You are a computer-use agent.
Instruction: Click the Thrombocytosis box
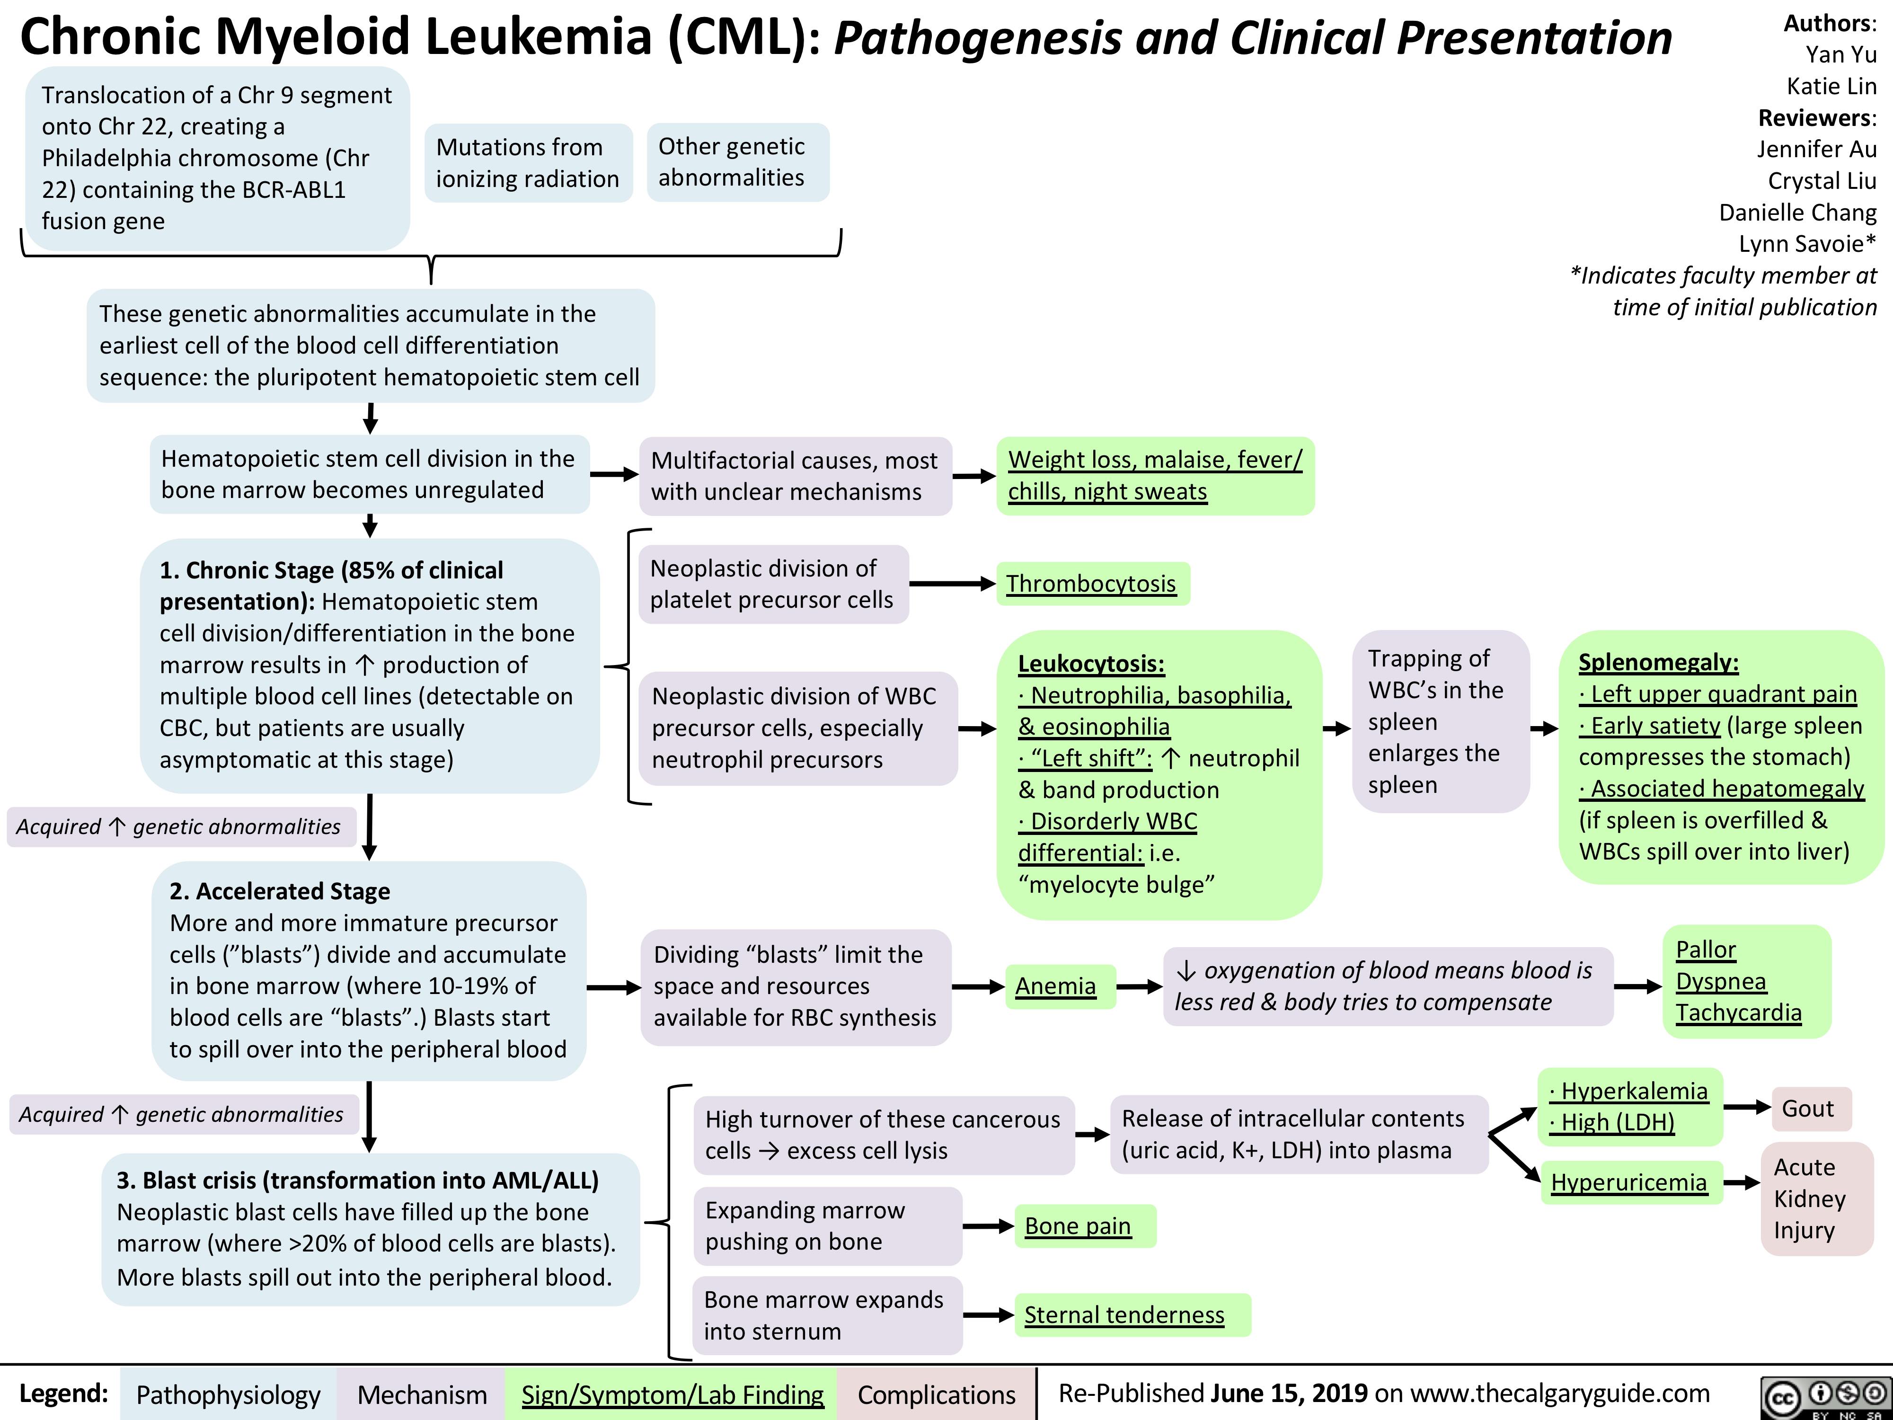pos(1092,584)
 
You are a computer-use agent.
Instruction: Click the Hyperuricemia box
pos(1630,1182)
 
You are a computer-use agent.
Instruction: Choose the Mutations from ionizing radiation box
pos(528,163)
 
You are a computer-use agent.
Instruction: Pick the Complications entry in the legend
pos(936,1394)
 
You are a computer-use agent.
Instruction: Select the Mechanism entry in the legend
pos(422,1394)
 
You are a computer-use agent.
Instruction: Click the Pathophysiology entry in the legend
pos(229,1394)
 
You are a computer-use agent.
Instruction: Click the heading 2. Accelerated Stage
pos(280,891)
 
